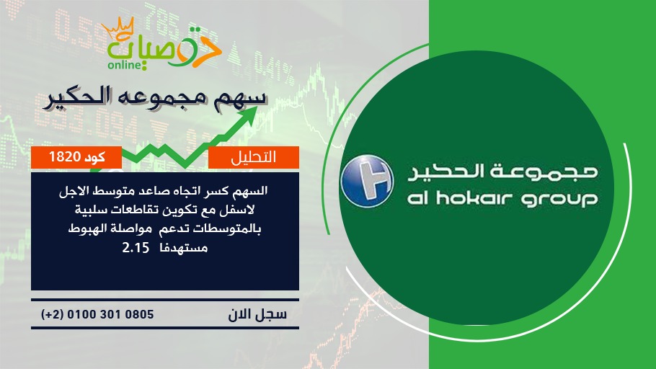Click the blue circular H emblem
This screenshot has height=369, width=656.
pyautogui.click(x=367, y=181)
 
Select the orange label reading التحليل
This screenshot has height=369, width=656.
pyautogui.click(x=254, y=157)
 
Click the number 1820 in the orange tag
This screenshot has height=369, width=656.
pyautogui.click(x=64, y=157)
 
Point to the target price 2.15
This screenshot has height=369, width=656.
pyautogui.click(x=136, y=248)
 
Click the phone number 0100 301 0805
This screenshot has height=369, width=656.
pyautogui.click(x=110, y=314)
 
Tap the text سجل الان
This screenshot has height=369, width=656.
pyautogui.click(x=257, y=314)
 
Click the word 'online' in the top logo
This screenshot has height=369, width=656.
pyautogui.click(x=124, y=65)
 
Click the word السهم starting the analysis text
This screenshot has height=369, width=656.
pyautogui.click(x=251, y=191)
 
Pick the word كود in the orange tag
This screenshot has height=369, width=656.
pyautogui.click(x=94, y=157)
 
